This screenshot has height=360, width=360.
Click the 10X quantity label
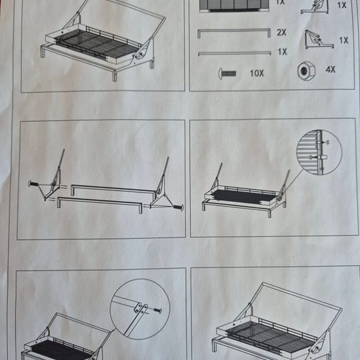tap(257, 73)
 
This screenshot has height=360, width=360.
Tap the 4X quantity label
tap(331, 69)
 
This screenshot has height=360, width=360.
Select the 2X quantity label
tap(281, 33)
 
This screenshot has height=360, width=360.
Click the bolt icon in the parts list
tap(227, 74)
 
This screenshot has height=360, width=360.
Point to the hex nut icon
tap(306, 71)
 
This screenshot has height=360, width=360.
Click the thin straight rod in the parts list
tap(235, 53)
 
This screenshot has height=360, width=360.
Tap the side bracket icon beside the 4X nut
tap(319, 40)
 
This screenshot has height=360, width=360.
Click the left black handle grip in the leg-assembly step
tap(33, 184)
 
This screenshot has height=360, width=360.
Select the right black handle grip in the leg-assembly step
tap(178, 207)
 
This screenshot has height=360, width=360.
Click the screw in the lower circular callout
tap(157, 311)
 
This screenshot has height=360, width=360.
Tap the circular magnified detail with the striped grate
tap(319, 153)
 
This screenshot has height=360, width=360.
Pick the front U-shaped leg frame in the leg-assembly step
tap(99, 201)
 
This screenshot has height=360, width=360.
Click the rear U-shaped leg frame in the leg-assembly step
tap(114, 189)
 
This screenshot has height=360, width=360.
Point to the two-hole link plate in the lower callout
tap(141, 308)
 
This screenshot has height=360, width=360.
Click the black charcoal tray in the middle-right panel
tap(244, 197)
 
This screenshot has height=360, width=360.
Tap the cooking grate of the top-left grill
tap(97, 44)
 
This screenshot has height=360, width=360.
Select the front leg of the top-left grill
tap(115, 76)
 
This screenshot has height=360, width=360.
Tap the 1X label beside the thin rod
tap(283, 52)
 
